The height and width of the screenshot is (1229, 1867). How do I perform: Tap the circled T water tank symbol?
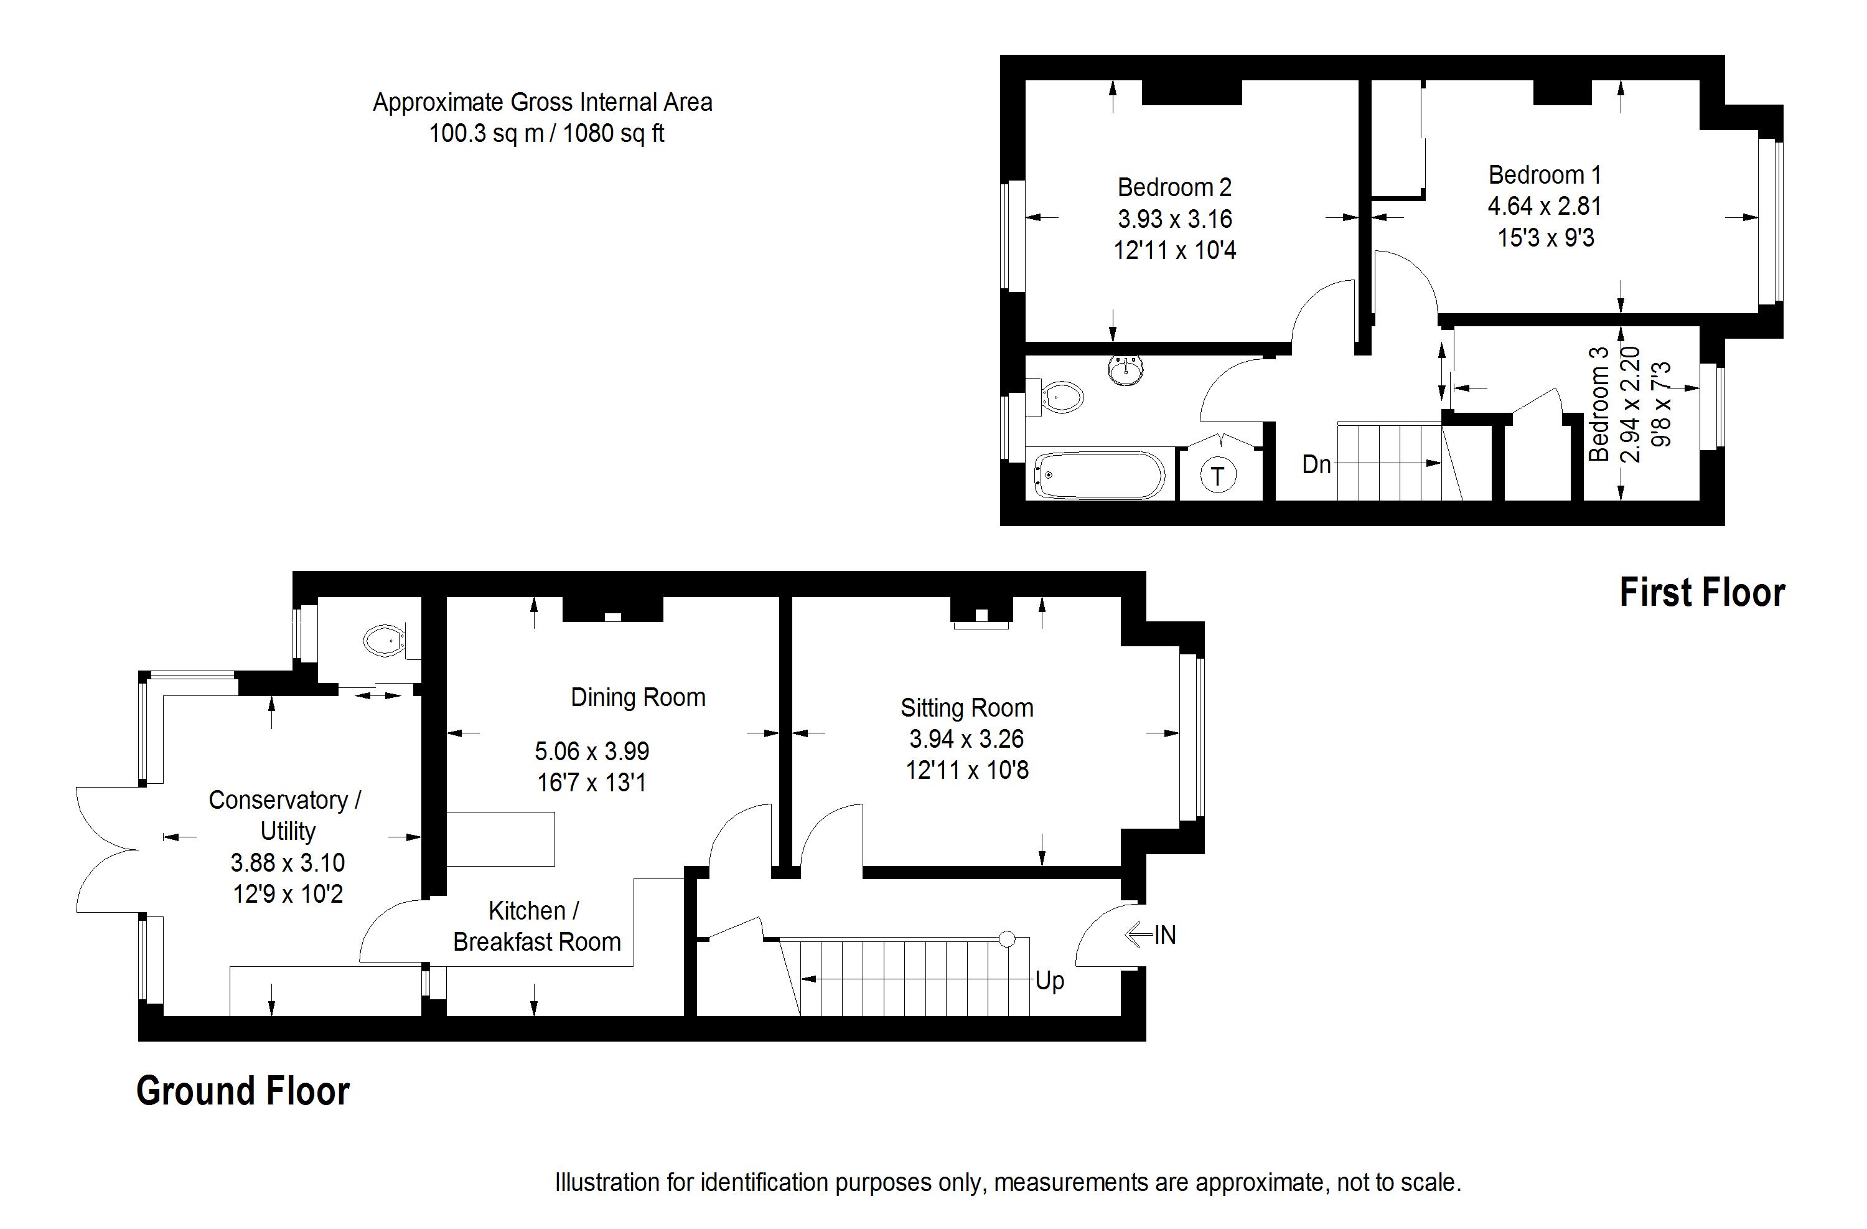(1217, 475)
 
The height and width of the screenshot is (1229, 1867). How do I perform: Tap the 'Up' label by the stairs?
(1050, 981)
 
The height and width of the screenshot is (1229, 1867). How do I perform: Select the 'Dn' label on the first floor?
(1316, 464)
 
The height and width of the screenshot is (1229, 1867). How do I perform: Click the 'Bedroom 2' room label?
(1174, 187)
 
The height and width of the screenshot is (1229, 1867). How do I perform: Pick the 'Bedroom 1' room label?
(1545, 174)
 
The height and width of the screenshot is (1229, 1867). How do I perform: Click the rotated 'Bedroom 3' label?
(1598, 404)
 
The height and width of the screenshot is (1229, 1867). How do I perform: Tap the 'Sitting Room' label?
(966, 708)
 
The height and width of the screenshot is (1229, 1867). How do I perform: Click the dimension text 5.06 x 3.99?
(592, 751)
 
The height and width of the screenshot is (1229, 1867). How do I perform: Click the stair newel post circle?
(1007, 939)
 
